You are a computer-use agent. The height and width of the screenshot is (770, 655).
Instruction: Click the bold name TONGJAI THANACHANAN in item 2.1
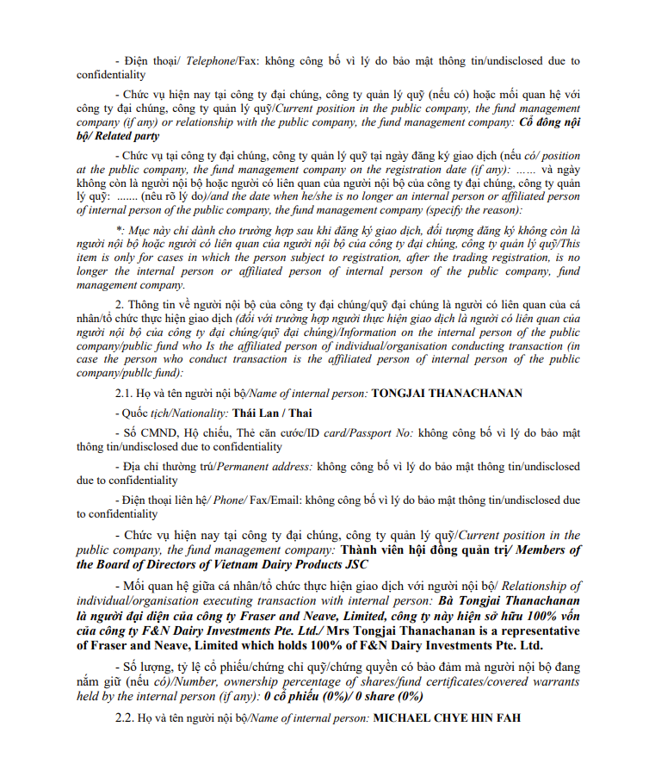447,394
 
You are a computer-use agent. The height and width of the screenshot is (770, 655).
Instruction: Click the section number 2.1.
126,394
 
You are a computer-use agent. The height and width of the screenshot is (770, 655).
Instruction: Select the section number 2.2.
126,717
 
